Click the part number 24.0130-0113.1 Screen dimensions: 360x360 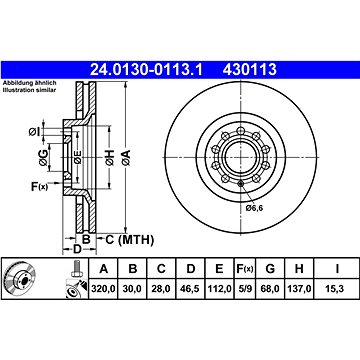(147, 70)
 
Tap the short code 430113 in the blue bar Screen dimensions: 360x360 (250, 70)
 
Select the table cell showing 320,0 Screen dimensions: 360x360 (103, 288)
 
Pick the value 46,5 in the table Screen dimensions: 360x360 (191, 288)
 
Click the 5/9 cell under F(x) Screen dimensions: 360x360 (244, 288)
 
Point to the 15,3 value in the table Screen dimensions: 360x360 (338, 288)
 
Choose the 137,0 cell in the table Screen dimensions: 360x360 (299, 288)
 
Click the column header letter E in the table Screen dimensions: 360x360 (219, 269)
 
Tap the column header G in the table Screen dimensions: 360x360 (270, 269)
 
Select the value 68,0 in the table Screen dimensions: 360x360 (270, 288)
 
